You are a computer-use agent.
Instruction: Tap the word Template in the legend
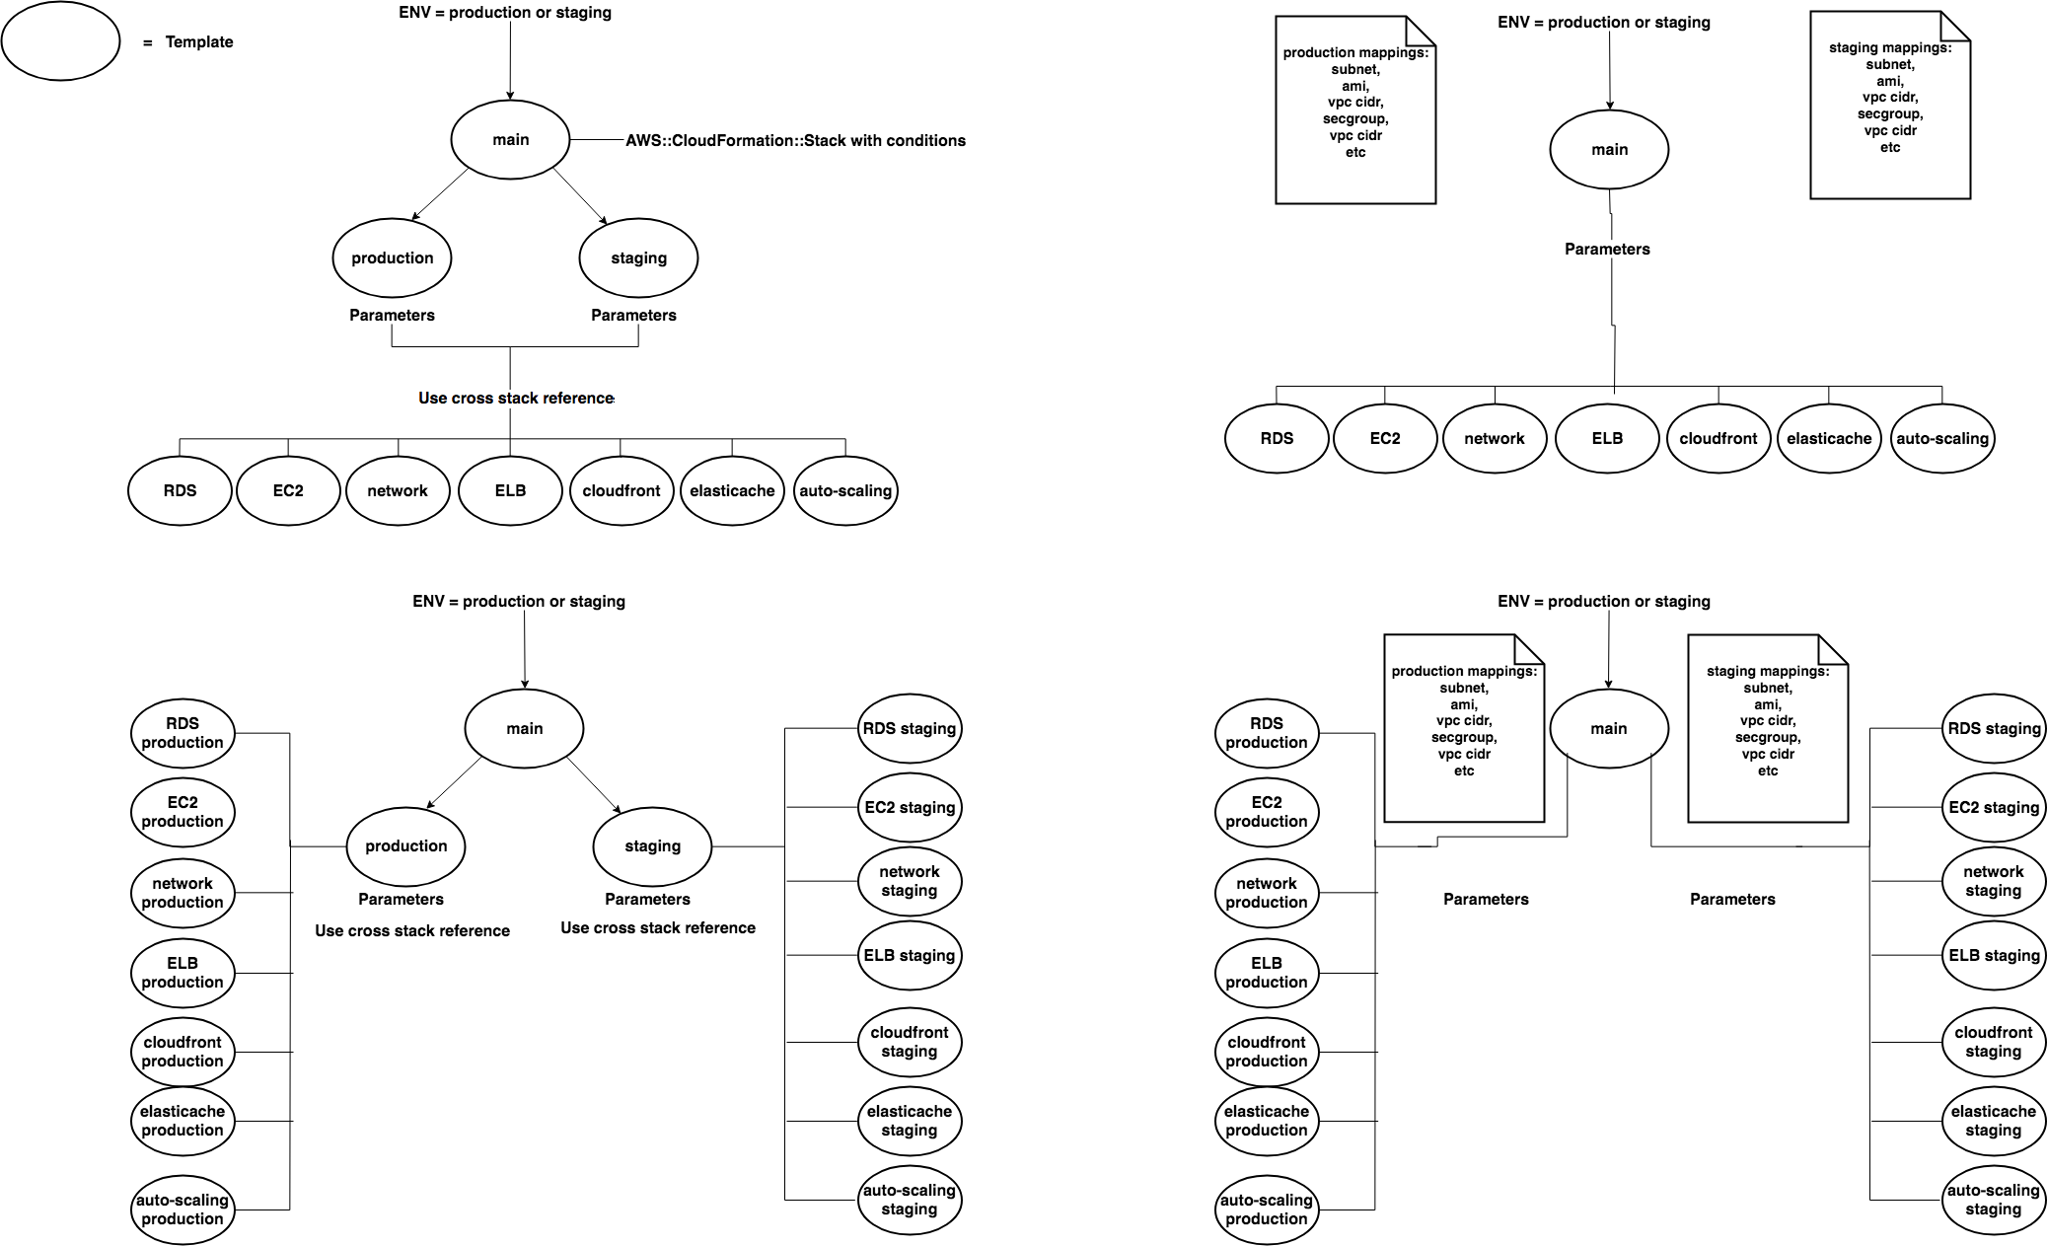pyautogui.click(x=199, y=41)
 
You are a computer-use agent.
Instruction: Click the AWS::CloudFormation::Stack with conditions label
pyautogui.click(x=795, y=140)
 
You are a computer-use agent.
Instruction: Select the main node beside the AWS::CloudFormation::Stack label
pyautogui.click(x=511, y=140)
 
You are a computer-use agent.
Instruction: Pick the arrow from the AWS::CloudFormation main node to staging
pyautogui.click(x=579, y=195)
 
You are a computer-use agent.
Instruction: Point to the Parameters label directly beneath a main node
pyautogui.click(x=1607, y=249)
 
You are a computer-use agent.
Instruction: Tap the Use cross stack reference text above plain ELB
pyautogui.click(x=516, y=398)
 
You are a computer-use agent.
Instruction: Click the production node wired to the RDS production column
pyautogui.click(x=405, y=846)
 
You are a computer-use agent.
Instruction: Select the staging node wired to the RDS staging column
pyautogui.click(x=652, y=846)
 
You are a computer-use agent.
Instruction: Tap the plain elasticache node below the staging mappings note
pyautogui.click(x=1829, y=438)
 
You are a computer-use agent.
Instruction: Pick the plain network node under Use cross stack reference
pyautogui.click(x=398, y=490)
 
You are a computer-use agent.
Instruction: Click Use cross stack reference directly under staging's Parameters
pyautogui.click(x=658, y=927)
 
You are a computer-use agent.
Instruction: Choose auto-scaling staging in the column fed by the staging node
pyautogui.click(x=910, y=1200)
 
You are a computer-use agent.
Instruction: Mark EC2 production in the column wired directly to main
pyautogui.click(x=1267, y=812)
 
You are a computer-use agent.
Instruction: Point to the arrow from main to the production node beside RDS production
pyautogui.click(x=455, y=782)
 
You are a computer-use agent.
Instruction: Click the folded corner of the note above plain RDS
pyautogui.click(x=1422, y=31)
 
